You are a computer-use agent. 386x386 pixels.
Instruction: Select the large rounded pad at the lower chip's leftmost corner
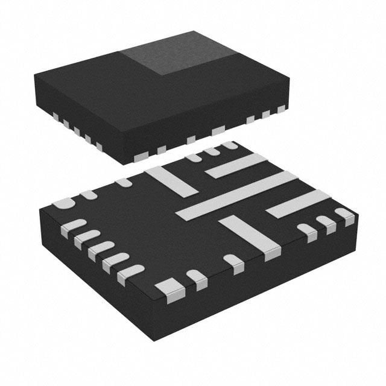(x=63, y=203)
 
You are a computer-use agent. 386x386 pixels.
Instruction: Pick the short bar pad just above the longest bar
(x=236, y=165)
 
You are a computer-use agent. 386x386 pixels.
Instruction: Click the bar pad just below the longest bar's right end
(x=298, y=204)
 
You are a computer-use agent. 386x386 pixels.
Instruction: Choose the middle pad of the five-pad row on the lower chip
(x=101, y=249)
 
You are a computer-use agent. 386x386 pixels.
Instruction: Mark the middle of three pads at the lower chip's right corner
(x=326, y=224)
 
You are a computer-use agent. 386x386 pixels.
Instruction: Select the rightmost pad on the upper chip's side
(x=281, y=109)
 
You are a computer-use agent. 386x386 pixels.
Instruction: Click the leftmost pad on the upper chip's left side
(x=55, y=115)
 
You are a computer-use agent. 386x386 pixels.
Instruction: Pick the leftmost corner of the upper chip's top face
(x=34, y=75)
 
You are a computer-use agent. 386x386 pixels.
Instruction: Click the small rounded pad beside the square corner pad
(x=196, y=279)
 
